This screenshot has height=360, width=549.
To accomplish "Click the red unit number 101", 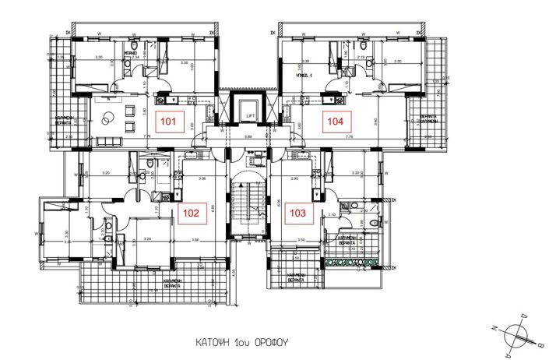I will pos(167,121).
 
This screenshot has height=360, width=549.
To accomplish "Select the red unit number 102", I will pos(192,211).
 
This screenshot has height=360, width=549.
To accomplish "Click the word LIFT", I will pos(251,115).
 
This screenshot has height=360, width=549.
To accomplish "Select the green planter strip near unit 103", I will pos(348,262).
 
